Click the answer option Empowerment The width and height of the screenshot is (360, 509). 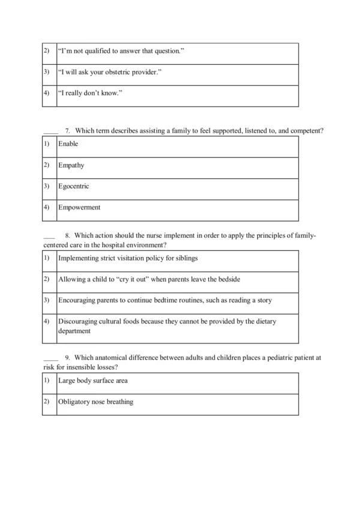pos(79,208)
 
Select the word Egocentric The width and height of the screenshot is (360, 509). pos(74,187)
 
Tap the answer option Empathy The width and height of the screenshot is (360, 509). pos(71,166)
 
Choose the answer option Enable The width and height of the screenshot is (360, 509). pos(68,145)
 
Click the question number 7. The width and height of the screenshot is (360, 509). pos(68,130)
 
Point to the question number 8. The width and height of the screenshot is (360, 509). pos(68,236)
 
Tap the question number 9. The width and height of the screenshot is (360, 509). pos(68,357)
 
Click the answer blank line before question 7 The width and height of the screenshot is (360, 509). pos(50,131)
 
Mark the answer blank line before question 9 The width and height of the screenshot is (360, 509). pos(50,358)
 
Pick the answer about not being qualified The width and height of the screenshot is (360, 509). pos(121,52)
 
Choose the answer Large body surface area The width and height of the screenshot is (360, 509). pos(93,381)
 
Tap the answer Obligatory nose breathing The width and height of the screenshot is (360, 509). pos(96,402)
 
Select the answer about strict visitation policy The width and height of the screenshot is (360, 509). pos(128,258)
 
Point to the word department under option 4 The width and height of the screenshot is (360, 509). pos(74,331)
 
